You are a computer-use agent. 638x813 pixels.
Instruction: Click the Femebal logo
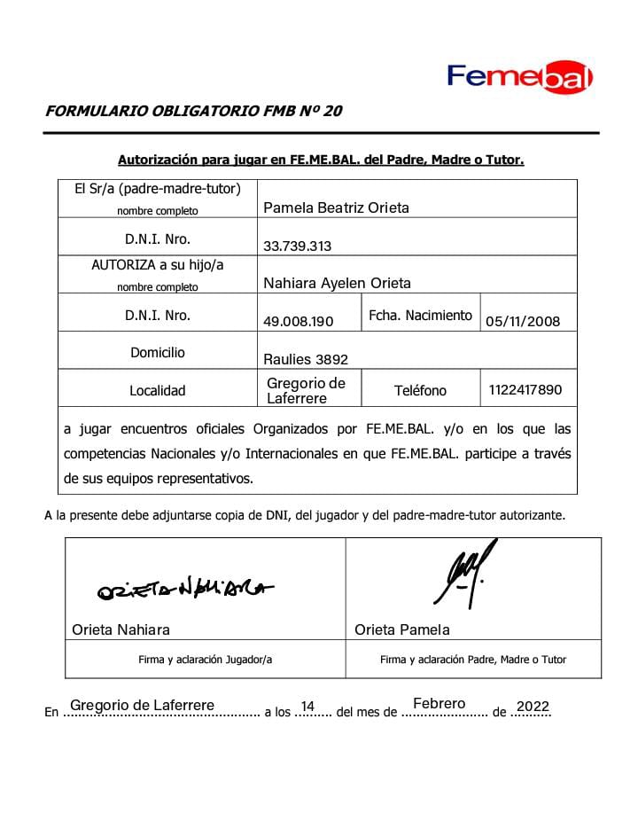pos(519,77)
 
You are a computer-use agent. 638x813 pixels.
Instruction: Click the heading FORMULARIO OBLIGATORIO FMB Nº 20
pos(193,112)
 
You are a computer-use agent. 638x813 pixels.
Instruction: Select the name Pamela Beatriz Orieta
pos(336,208)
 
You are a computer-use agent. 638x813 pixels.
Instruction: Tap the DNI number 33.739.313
pos(297,246)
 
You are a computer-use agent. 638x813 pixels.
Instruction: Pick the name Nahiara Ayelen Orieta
pos(337,284)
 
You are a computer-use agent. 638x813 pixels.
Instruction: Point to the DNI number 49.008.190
pos(298,321)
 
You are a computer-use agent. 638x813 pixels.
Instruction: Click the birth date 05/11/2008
pos(523,321)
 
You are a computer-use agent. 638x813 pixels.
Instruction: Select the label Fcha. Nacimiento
pos(420,315)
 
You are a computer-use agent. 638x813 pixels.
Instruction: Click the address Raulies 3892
pos(306,359)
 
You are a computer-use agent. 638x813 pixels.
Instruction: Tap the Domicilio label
pos(158,352)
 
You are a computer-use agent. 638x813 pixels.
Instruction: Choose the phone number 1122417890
pos(525,389)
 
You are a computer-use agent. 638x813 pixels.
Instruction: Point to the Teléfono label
pos(420,390)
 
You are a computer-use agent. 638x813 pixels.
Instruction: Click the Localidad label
pos(158,390)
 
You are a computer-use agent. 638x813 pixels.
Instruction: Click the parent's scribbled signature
pos(465,576)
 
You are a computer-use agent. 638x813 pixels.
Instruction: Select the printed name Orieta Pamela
pos(402,629)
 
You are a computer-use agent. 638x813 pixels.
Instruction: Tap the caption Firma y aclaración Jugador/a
pos(205,660)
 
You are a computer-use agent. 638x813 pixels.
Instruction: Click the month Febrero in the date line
pos(439,704)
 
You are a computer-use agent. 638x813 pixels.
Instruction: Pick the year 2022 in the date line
pos(533,706)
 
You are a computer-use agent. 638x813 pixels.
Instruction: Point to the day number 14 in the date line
pos(307,706)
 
